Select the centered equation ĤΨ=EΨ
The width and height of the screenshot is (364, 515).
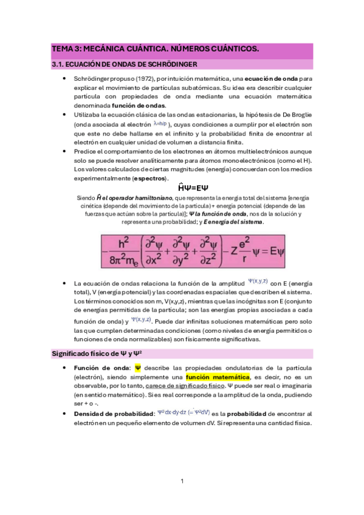182,189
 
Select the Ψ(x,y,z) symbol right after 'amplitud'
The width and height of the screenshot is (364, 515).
258,281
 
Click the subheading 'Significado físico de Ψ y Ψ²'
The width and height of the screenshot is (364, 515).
100,353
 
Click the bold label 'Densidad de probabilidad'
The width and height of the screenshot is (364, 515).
113,413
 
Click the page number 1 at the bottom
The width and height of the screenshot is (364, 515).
182,482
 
